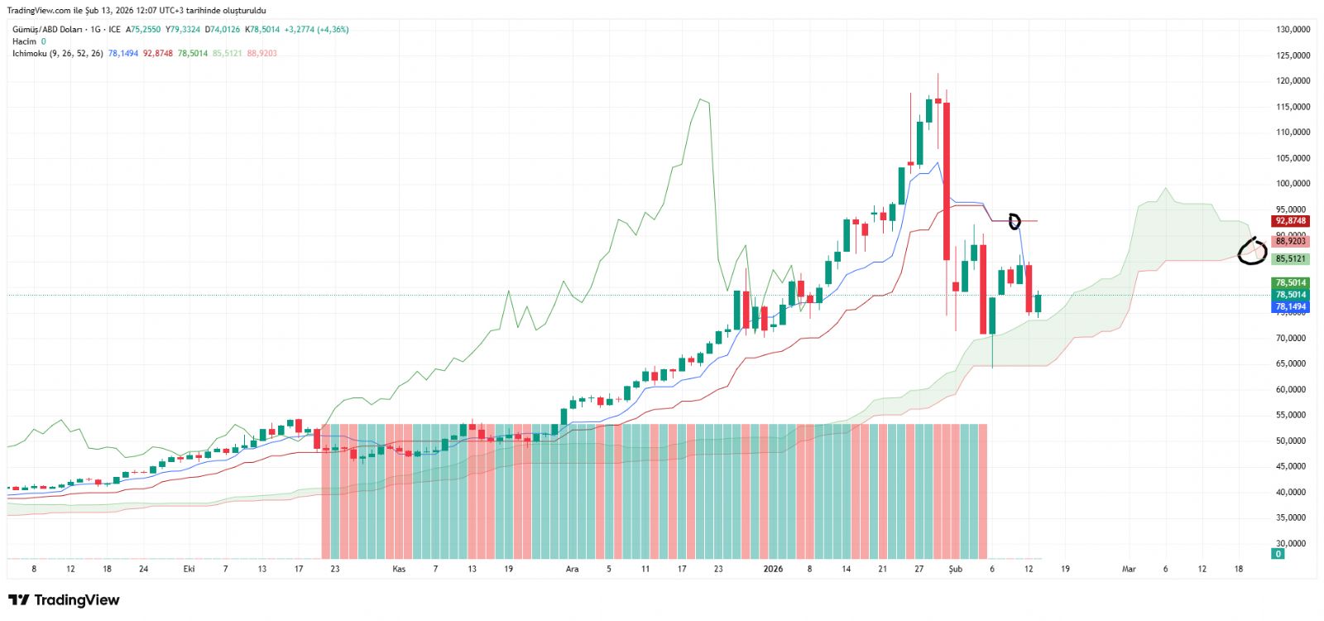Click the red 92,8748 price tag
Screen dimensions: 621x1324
tap(1290, 221)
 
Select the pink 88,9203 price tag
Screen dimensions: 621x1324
tap(1290, 241)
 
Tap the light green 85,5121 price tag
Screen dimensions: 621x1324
tap(1290, 259)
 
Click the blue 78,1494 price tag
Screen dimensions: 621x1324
tap(1290, 307)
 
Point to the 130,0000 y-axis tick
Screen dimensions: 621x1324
tap(1293, 30)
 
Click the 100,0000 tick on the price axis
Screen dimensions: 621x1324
tap(1293, 184)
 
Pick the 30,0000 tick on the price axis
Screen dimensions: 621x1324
tap(1293, 543)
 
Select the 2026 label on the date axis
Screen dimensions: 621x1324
tap(773, 569)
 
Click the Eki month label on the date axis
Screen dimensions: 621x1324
tap(189, 569)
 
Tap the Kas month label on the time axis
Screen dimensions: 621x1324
tap(399, 569)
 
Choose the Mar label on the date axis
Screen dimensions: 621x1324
tap(1129, 569)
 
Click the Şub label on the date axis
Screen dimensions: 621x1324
tap(956, 569)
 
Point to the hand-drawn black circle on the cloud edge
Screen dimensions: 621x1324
tap(1252, 252)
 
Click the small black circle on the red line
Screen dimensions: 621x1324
tap(1015, 221)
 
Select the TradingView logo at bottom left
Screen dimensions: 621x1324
tap(64, 600)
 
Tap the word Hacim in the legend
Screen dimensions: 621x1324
tap(24, 41)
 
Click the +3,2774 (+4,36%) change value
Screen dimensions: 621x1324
tap(316, 30)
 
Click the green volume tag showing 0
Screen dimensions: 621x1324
tap(1278, 554)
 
